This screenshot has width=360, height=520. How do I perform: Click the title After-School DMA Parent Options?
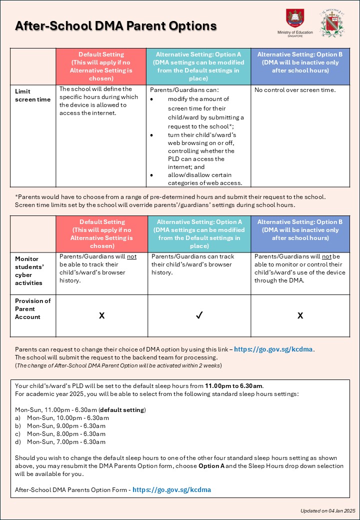tap(116, 26)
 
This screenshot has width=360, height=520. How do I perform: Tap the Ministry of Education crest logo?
tap(293, 18)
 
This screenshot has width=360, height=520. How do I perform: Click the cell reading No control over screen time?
tap(295, 90)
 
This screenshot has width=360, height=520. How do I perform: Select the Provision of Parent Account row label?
tap(33, 309)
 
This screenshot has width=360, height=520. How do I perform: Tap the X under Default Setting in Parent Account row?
tap(101, 316)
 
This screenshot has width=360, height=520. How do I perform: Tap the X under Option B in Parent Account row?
tap(300, 316)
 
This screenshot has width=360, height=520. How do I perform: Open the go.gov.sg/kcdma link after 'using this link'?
tap(274, 349)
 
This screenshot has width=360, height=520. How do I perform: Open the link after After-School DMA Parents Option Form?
tap(171, 490)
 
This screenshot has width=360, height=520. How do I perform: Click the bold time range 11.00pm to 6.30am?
tap(234, 386)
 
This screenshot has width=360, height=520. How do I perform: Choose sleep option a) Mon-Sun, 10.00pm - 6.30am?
tap(67, 418)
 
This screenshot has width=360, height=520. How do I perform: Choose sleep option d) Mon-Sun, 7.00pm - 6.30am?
tap(66, 442)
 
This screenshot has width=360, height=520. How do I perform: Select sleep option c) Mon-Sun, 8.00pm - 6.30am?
tap(66, 434)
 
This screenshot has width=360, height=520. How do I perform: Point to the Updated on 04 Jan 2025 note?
tap(327, 510)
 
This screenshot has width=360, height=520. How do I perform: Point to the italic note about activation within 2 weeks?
tap(118, 365)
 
